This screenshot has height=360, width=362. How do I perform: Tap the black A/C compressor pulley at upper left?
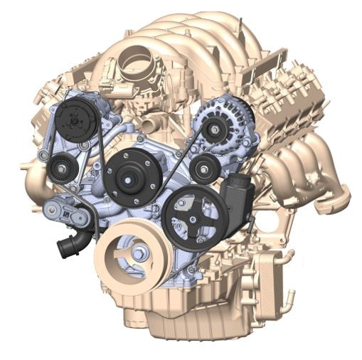(x=74, y=119)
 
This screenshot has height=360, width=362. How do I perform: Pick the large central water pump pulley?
(x=130, y=176)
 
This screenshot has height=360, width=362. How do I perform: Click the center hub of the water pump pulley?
(x=130, y=176)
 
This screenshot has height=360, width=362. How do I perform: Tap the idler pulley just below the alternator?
(x=204, y=169)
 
